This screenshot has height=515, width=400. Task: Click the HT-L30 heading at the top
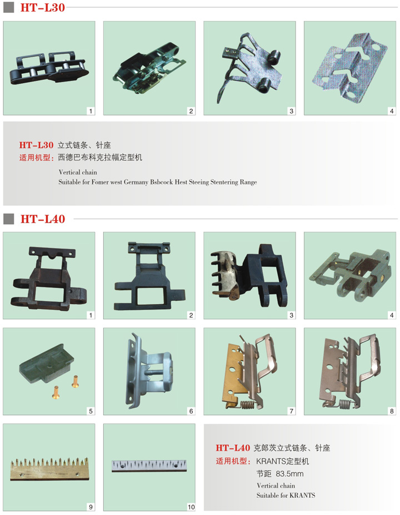[42, 8]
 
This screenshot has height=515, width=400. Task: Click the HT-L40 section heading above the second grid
[43, 219]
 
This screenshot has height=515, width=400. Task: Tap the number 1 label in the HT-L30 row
[91, 111]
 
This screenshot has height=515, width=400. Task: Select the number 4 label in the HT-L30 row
[392, 111]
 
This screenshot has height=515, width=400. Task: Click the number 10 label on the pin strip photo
[191, 507]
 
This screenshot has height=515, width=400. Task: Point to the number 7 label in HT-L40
[291, 411]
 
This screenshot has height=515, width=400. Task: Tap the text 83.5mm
[289, 473]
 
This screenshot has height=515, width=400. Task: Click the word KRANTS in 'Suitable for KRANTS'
[301, 495]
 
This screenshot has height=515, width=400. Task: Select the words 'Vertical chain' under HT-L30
[78, 172]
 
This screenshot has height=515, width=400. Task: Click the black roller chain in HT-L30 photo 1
[49, 68]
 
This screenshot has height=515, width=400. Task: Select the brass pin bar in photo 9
[49, 469]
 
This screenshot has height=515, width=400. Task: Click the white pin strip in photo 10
[149, 466]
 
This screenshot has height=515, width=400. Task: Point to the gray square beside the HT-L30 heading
[8, 8]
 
